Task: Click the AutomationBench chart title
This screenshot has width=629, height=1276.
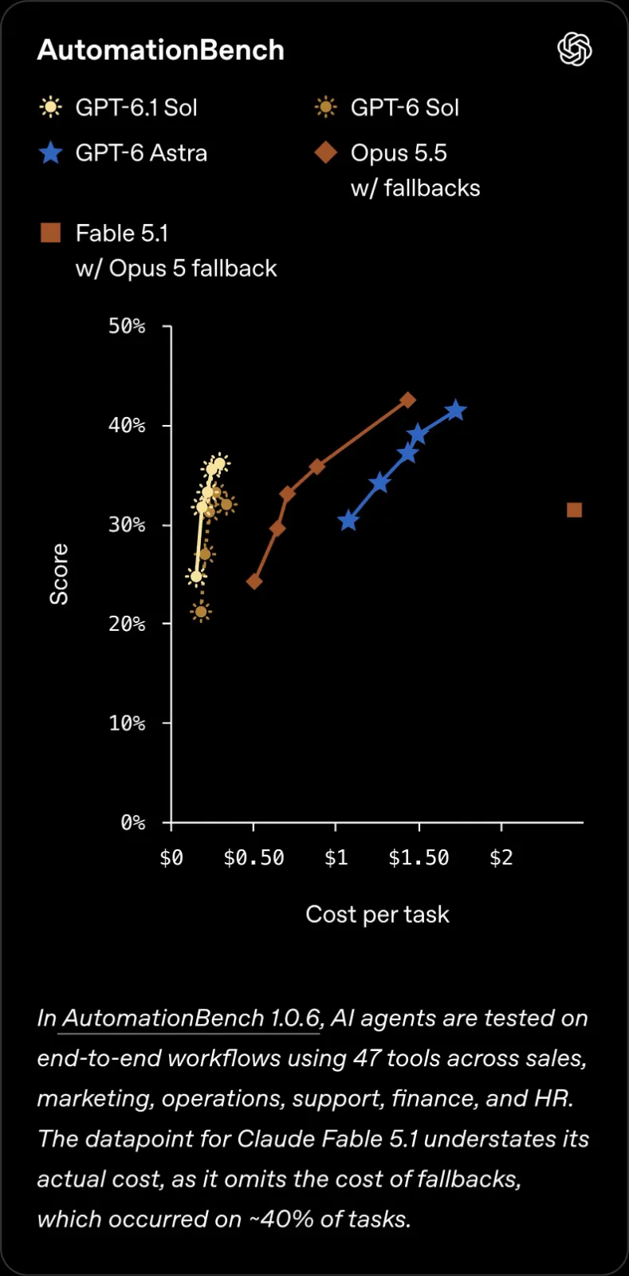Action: pyautogui.click(x=160, y=50)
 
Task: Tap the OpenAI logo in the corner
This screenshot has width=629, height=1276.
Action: pyautogui.click(x=574, y=49)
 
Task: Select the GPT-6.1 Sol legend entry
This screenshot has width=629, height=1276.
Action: pyautogui.click(x=119, y=108)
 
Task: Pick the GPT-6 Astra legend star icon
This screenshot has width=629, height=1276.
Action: pyautogui.click(x=51, y=153)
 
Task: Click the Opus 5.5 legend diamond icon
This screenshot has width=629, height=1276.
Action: pyautogui.click(x=325, y=152)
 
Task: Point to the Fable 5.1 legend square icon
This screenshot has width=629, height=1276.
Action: pyautogui.click(x=51, y=233)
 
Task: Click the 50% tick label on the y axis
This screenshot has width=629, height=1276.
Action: pyautogui.click(x=127, y=326)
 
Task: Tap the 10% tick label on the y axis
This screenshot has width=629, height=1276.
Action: pyautogui.click(x=127, y=723)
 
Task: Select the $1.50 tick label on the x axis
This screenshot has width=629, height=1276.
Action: pyautogui.click(x=419, y=857)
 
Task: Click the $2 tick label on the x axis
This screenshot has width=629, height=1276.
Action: pyautogui.click(x=501, y=857)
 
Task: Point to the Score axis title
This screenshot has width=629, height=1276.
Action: pyautogui.click(x=59, y=573)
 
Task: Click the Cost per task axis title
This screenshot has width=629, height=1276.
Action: pyautogui.click(x=377, y=914)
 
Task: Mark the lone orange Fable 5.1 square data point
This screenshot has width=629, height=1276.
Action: pyautogui.click(x=574, y=510)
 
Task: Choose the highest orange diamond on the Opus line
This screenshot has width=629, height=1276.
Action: pyautogui.click(x=407, y=400)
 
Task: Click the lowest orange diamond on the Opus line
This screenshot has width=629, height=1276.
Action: pyautogui.click(x=254, y=581)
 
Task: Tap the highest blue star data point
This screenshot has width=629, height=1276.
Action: pyautogui.click(x=455, y=410)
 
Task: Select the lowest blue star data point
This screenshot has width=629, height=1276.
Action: pyautogui.click(x=348, y=520)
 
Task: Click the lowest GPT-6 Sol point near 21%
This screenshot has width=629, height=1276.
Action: pyautogui.click(x=200, y=612)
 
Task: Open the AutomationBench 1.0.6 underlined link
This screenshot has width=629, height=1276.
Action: pyautogui.click(x=191, y=1018)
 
